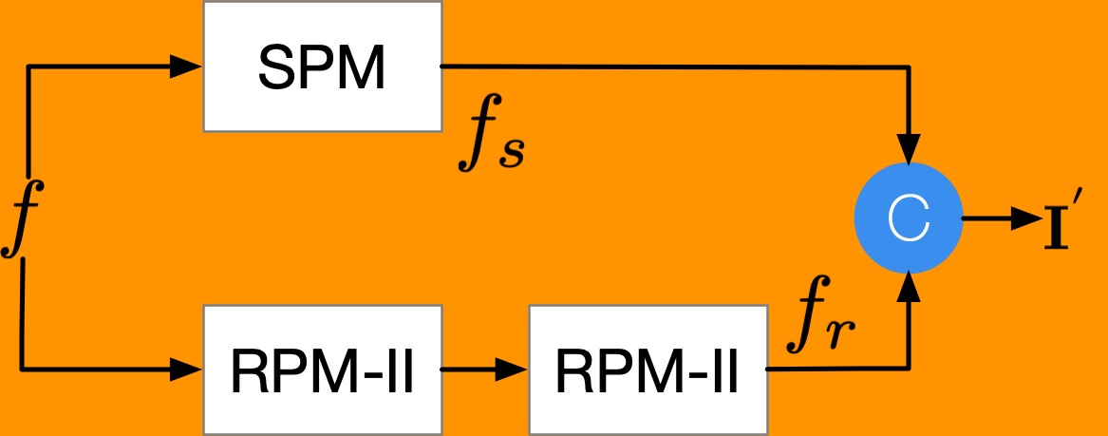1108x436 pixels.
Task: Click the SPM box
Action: coord(322,66)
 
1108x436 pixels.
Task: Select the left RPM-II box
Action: coord(322,370)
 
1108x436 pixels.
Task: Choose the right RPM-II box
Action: coord(647,370)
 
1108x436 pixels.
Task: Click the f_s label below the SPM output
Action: coord(490,141)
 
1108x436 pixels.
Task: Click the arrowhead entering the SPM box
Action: coord(187,66)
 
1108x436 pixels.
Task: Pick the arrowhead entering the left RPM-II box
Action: coord(187,370)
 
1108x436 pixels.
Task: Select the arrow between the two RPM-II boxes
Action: coord(485,370)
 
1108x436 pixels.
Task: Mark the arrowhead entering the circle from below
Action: coord(910,283)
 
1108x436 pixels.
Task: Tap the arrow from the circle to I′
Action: coord(1002,218)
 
